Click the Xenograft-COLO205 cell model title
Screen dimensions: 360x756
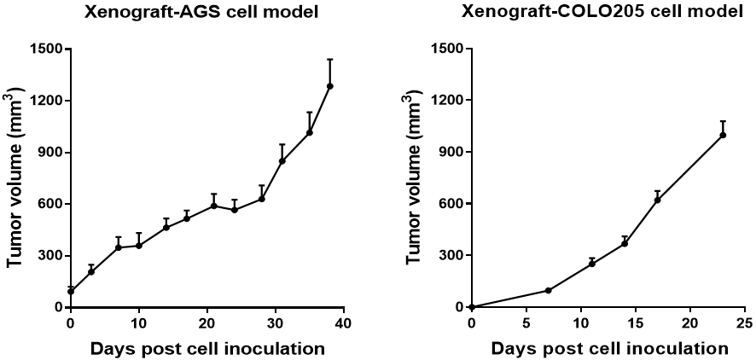click(x=602, y=13)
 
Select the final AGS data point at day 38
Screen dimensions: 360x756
click(x=329, y=86)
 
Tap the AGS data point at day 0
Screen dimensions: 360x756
click(x=71, y=292)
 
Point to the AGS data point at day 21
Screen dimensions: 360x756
click(x=214, y=206)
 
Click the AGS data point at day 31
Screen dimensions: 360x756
click(x=282, y=160)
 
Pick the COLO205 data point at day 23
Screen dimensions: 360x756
click(x=723, y=135)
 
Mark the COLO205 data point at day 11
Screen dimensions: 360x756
click(x=591, y=264)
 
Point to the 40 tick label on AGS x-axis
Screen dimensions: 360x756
click(x=343, y=324)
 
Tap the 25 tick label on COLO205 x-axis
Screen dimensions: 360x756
click(x=744, y=324)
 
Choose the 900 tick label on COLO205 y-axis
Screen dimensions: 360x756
click(x=451, y=152)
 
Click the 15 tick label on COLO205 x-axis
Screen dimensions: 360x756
click(x=635, y=324)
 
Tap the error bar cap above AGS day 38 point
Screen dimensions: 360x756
click(x=329, y=60)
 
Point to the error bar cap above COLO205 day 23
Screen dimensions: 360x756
click(x=723, y=121)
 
